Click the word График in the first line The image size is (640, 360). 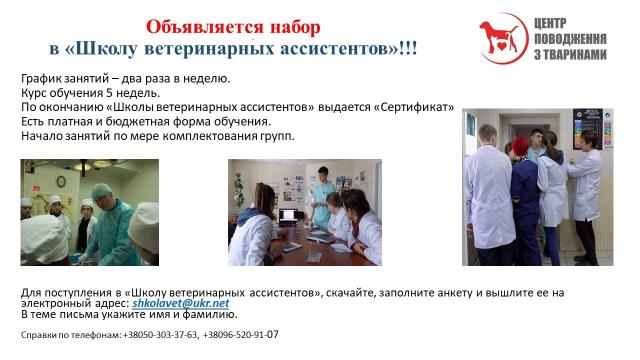coord(39,78)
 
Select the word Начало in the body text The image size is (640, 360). coord(40,135)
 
